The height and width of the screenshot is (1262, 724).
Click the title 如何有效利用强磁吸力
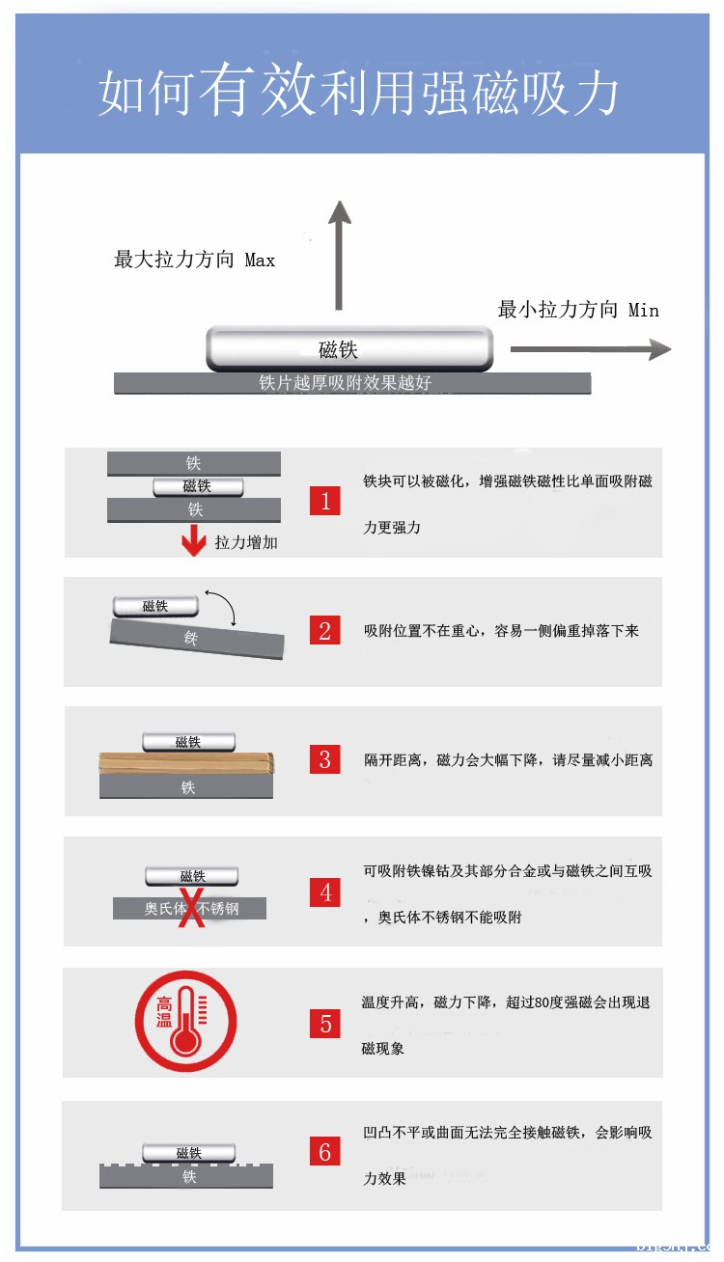359,94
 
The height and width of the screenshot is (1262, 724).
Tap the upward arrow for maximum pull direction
338,256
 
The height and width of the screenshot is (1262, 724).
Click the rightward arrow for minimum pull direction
590,349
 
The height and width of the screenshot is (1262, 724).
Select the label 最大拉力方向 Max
194,260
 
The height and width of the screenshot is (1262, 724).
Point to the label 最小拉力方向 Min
578,310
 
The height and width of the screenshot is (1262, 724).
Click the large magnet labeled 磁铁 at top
349,349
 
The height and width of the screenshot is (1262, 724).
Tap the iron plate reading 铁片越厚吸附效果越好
352,383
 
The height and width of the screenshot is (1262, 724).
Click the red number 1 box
325,501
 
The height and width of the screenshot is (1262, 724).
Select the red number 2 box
325,631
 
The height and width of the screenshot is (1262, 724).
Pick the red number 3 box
325,759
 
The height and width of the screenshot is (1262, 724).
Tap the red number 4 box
325,892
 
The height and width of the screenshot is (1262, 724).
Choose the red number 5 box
325,1024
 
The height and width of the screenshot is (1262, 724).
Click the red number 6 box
325,1151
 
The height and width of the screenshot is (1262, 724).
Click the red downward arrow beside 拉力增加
194,541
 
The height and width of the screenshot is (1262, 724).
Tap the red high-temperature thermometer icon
185,1021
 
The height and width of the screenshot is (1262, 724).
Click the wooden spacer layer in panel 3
187,763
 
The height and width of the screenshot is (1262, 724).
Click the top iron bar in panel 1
194,464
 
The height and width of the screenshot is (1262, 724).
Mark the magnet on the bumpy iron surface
189,1152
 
